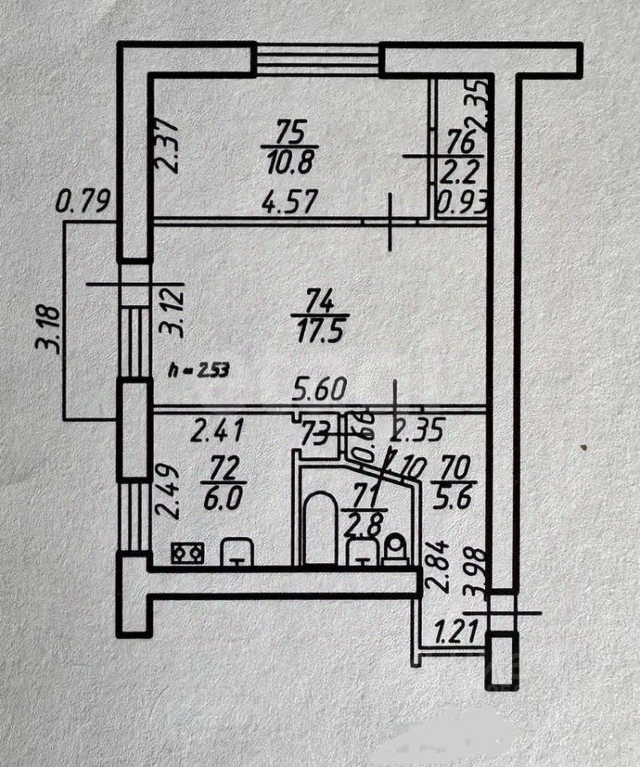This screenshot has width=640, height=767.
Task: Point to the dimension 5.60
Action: pos(320,390)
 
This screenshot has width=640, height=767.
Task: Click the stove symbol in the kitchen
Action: pos(187,552)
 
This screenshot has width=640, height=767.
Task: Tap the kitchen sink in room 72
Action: pos(237,550)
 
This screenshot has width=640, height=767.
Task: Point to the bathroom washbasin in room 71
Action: pos(363,551)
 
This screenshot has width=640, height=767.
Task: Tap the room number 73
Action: pos(314,435)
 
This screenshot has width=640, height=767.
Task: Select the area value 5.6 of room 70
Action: pos(454,496)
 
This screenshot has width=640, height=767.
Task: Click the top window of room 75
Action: pos(317,58)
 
